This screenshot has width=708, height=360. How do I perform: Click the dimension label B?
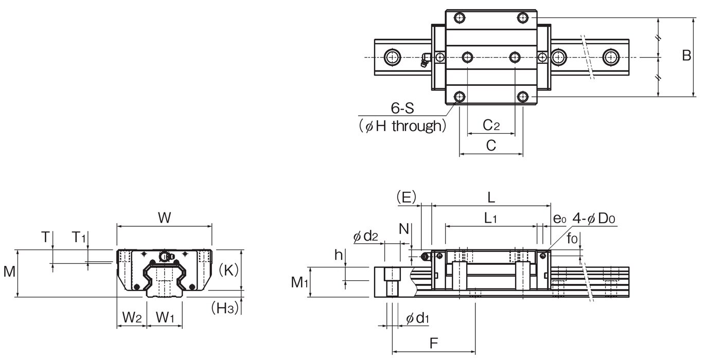pyautogui.click(x=686, y=56)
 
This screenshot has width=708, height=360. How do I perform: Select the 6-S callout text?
pyautogui.click(x=402, y=109)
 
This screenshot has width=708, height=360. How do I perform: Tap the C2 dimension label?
pyautogui.click(x=491, y=125)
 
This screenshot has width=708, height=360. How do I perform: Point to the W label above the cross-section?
pyautogui.click(x=164, y=218)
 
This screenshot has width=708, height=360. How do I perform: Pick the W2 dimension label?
pyautogui.click(x=132, y=317)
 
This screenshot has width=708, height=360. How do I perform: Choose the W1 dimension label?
pyautogui.click(x=165, y=317)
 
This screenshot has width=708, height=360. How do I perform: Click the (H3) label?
pyautogui.click(x=225, y=308)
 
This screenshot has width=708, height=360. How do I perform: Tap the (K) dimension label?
pyautogui.click(x=228, y=270)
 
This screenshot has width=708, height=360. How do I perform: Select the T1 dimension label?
pyautogui.click(x=79, y=237)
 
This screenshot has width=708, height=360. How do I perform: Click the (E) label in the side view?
pyautogui.click(x=406, y=197)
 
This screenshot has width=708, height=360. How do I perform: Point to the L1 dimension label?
pyautogui.click(x=490, y=218)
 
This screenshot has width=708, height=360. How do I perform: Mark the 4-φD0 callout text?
pyautogui.click(x=594, y=218)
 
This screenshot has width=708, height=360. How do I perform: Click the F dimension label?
pyautogui.click(x=434, y=343)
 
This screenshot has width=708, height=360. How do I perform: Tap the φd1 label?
pyautogui.click(x=417, y=318)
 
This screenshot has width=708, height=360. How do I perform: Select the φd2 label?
pyautogui.click(x=366, y=236)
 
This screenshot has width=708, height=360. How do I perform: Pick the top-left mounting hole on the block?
pyautogui.click(x=459, y=17)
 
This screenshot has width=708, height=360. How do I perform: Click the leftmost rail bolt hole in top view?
pyautogui.click(x=392, y=58)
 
